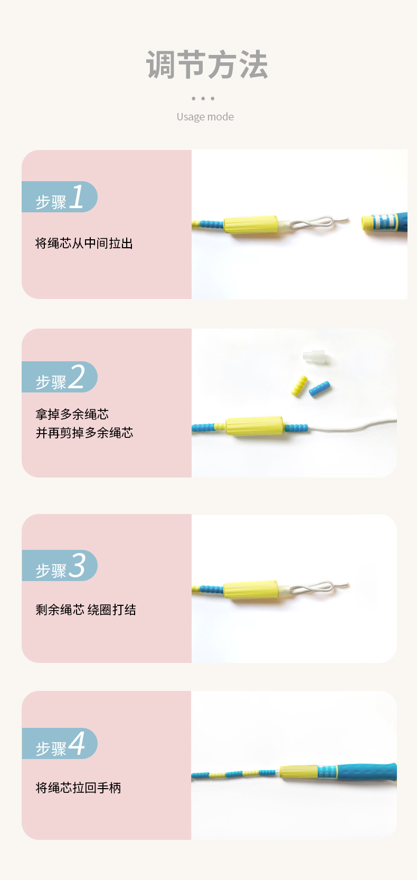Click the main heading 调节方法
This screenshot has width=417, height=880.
click(207, 65)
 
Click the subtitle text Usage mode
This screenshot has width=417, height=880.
click(205, 117)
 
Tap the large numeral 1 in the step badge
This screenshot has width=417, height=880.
click(77, 197)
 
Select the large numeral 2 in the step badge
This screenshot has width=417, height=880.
click(77, 377)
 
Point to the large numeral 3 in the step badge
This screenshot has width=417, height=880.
click(77, 566)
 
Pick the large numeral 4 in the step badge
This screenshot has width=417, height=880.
click(77, 744)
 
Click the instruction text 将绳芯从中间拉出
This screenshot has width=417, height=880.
click(84, 244)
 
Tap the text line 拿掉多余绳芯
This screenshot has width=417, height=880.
click(72, 414)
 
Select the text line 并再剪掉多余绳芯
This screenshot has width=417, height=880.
click(84, 433)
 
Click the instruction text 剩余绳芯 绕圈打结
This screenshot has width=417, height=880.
click(86, 610)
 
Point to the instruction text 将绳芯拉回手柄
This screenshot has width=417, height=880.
click(78, 788)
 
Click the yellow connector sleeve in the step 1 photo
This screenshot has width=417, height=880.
click(251, 224)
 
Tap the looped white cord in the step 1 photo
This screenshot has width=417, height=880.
click(317, 222)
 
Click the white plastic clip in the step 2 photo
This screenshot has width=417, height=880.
click(316, 357)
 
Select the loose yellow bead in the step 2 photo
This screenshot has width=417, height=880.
click(300, 386)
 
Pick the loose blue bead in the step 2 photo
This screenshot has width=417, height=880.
click(320, 390)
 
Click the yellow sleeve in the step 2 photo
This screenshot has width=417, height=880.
click(254, 426)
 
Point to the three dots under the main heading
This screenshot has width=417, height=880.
click(203, 98)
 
